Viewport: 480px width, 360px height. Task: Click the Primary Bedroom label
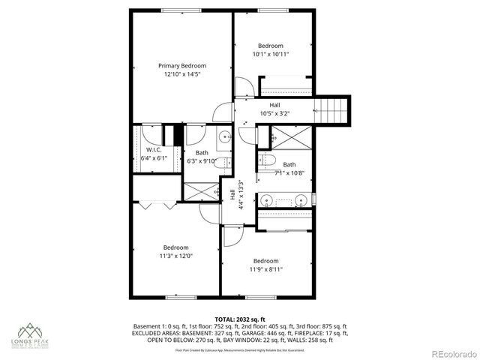[x=181, y=65]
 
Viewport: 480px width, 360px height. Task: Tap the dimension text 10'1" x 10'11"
[x=270, y=54]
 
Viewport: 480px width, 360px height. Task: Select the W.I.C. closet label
[x=155, y=150]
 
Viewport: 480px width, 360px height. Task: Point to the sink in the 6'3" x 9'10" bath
[x=223, y=136]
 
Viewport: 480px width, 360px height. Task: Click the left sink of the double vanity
[x=267, y=200]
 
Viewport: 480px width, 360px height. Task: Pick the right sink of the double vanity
[x=299, y=200]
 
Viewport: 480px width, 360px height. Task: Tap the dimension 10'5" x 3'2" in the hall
[x=274, y=113]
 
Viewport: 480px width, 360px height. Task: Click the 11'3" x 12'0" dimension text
[x=177, y=256]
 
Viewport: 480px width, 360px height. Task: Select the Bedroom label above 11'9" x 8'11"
[x=265, y=261]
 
